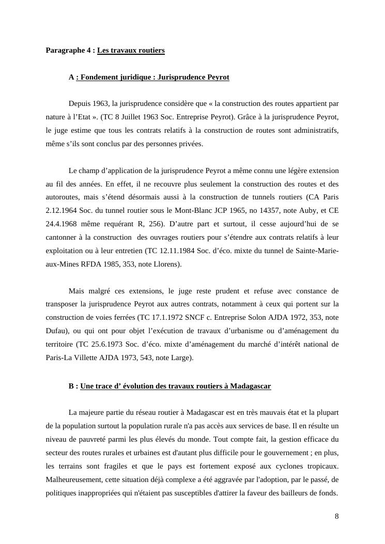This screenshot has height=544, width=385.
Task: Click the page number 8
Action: click(336, 516)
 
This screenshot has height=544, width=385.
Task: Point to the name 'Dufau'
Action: click(57, 331)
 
